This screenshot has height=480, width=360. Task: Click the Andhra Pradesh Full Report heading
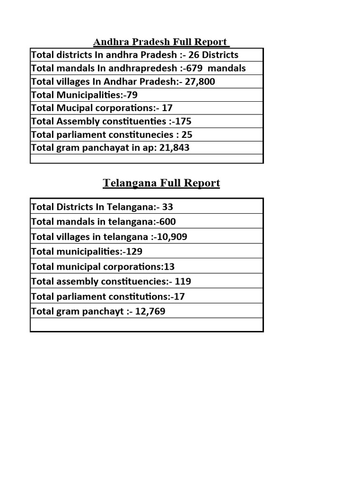click(x=161, y=42)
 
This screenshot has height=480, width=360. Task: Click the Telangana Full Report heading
click(x=161, y=183)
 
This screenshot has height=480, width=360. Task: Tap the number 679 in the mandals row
click(x=195, y=68)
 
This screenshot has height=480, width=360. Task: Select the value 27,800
click(x=200, y=82)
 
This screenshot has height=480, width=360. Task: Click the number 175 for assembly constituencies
click(x=183, y=121)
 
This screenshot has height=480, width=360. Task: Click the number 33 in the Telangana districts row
click(x=168, y=207)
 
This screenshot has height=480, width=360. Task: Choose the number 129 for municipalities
click(x=134, y=252)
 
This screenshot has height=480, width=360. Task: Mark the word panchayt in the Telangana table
click(x=103, y=312)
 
